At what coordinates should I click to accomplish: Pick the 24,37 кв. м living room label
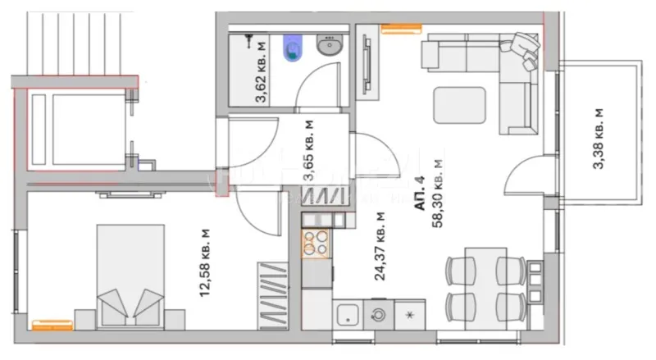pyautogui.click(x=380, y=246)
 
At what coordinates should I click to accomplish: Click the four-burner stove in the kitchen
pyautogui.click(x=317, y=244)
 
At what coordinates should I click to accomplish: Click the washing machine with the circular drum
pyautogui.click(x=378, y=315)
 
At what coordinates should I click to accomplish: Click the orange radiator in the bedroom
pyautogui.click(x=48, y=326)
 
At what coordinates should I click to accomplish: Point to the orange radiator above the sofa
pyautogui.click(x=396, y=30)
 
